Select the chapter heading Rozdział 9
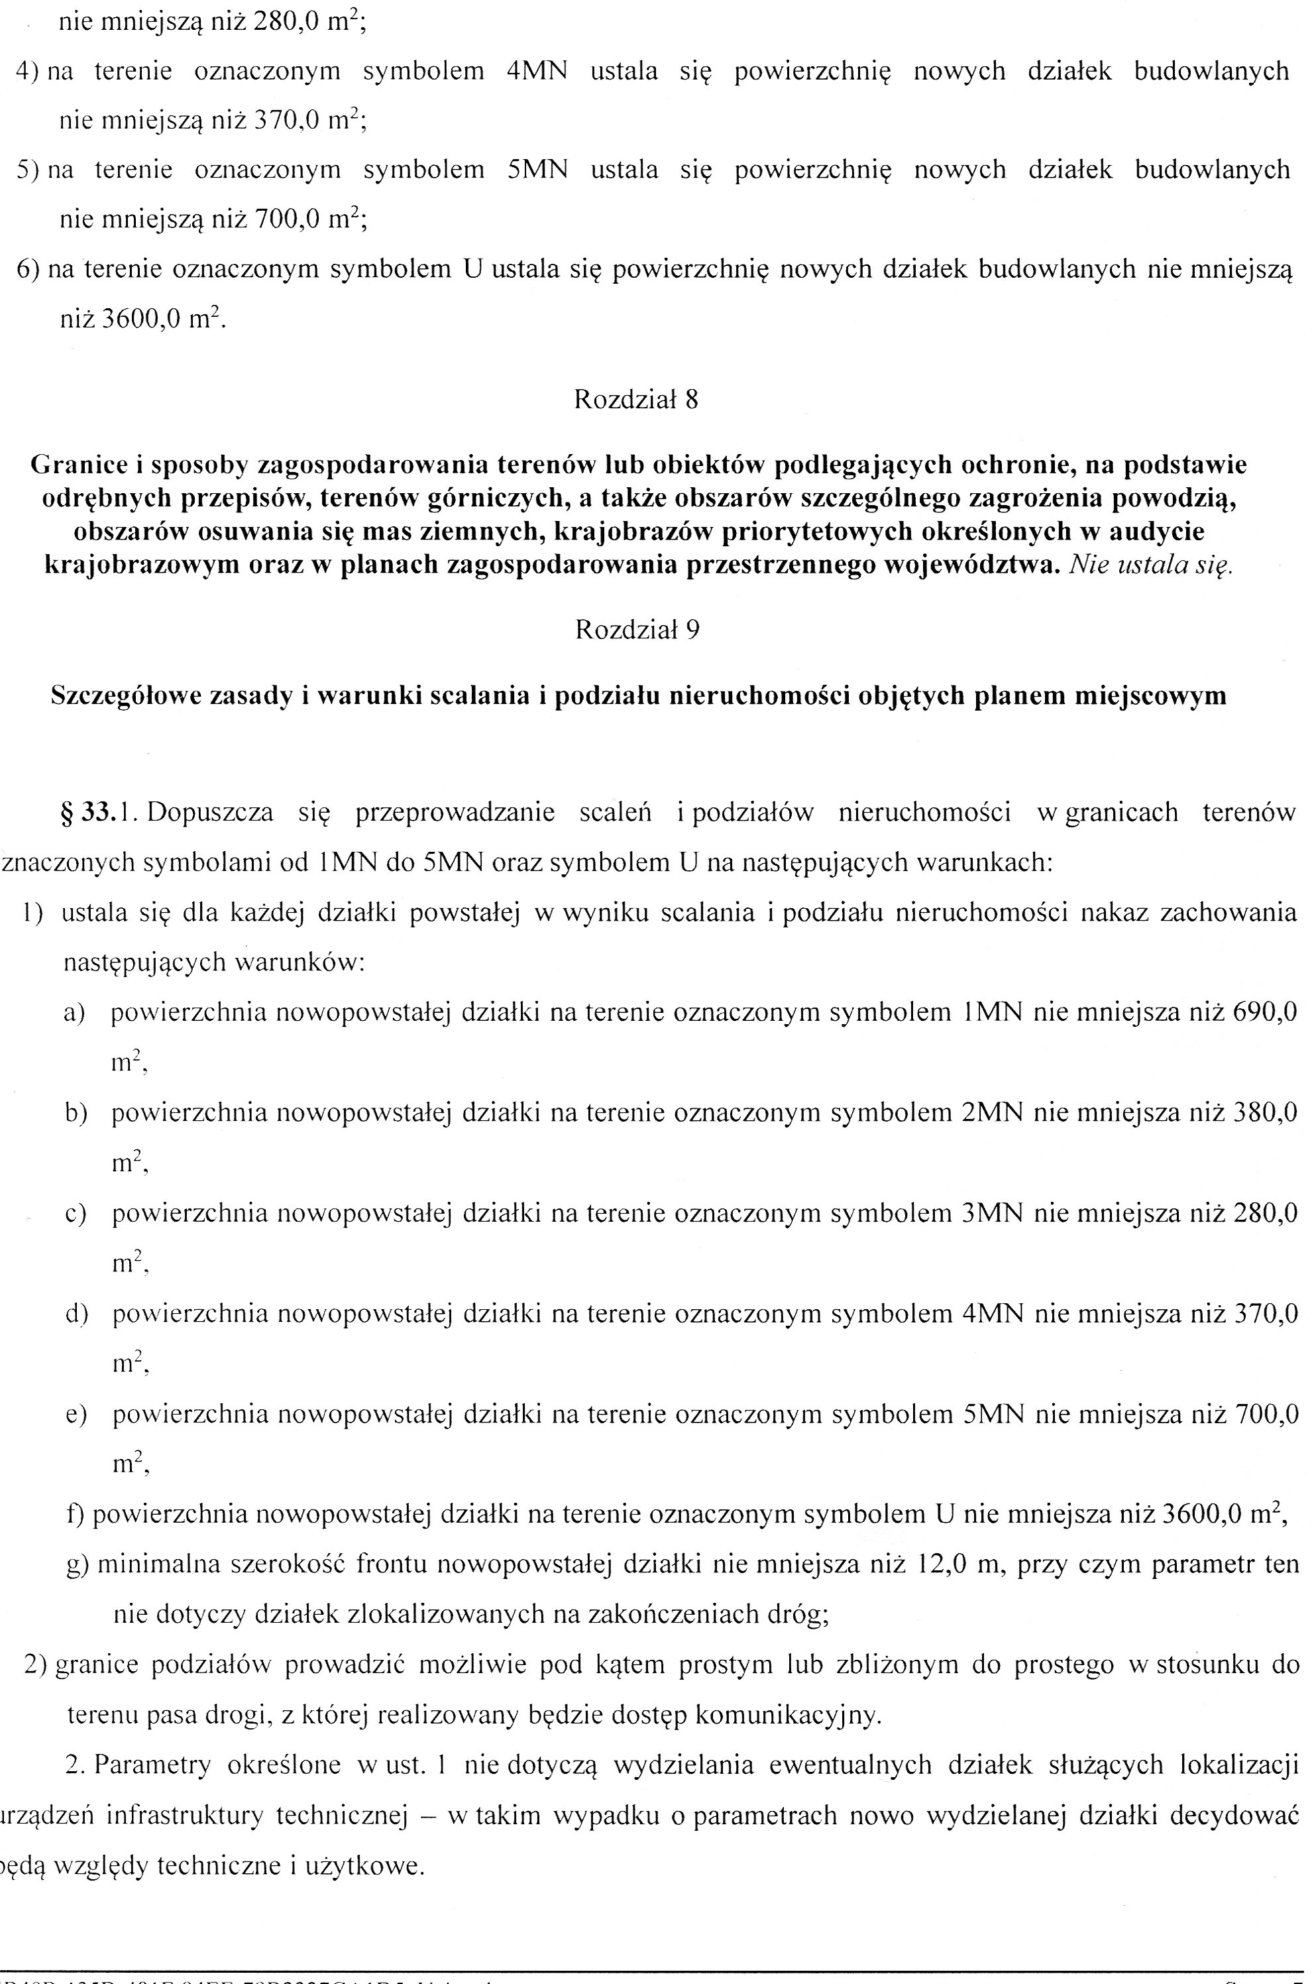[637, 630]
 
